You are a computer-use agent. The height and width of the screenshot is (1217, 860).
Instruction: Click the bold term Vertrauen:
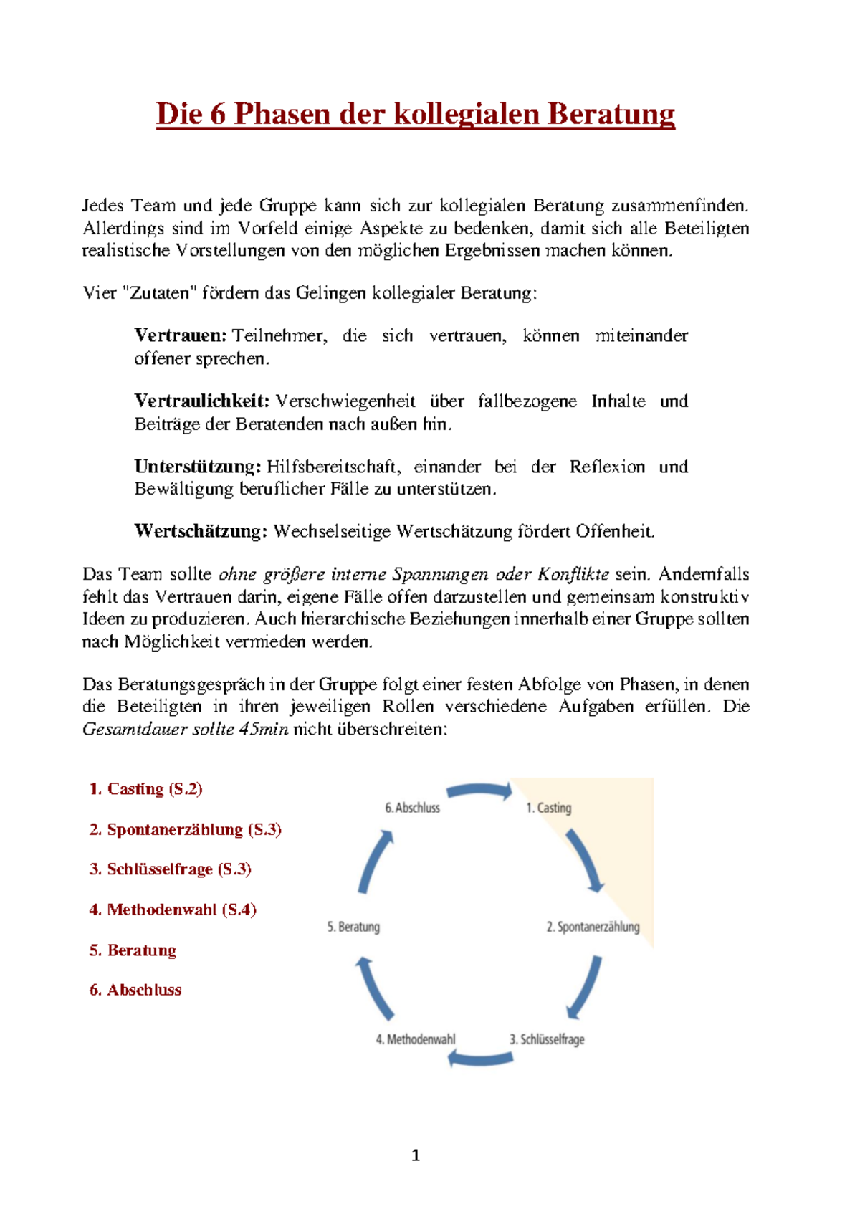(181, 335)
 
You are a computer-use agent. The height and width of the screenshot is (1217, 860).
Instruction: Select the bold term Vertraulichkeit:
(201, 401)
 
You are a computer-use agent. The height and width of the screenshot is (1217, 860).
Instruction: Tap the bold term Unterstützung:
(198, 467)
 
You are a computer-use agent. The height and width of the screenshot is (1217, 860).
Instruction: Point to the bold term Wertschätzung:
(201, 531)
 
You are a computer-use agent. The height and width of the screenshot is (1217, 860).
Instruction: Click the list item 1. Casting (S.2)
(145, 789)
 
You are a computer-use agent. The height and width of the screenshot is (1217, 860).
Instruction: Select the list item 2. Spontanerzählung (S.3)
(185, 829)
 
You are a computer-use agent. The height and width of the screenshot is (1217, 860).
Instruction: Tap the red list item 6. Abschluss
(135, 990)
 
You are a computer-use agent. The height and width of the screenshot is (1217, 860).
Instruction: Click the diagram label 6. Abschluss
(412, 808)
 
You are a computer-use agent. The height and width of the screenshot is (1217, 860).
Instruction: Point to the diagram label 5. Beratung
(353, 927)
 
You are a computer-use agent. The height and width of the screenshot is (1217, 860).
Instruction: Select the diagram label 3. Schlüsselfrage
(547, 1039)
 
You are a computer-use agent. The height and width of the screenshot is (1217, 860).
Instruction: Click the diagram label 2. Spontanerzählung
(593, 927)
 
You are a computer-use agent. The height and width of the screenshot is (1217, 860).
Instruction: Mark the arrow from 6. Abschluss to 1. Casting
(479, 790)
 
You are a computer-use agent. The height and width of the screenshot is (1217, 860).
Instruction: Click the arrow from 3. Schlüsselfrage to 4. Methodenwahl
(480, 1059)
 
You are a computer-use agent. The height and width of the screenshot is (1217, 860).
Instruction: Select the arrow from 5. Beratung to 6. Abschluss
(375, 861)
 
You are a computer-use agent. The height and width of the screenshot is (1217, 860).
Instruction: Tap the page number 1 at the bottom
(416, 1155)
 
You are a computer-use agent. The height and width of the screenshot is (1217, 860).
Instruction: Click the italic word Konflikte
(573, 574)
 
